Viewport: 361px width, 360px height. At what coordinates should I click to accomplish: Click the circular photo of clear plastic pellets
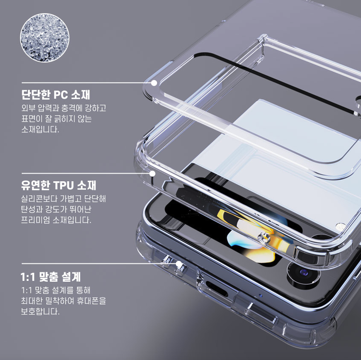[x=44, y=37]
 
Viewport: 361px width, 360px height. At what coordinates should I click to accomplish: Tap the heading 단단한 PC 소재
[x=56, y=94]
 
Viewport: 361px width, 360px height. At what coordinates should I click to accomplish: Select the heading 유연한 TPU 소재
[x=59, y=186]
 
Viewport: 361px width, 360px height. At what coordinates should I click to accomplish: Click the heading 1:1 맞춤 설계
[x=51, y=277]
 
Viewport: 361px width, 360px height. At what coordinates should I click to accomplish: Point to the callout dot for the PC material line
[x=154, y=83]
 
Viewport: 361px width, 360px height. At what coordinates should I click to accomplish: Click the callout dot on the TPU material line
[x=153, y=174]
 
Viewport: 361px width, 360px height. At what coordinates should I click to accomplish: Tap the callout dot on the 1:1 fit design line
[x=179, y=264]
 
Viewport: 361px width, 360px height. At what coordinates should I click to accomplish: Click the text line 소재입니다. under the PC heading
[x=40, y=129]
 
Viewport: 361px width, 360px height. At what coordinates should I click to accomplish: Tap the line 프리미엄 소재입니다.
[x=56, y=220]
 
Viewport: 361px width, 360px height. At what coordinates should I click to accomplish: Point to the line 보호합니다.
[x=40, y=312]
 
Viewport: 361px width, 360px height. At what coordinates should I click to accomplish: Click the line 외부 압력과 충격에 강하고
[x=63, y=108]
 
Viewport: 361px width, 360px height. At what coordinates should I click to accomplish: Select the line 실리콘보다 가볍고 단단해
[x=63, y=199]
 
